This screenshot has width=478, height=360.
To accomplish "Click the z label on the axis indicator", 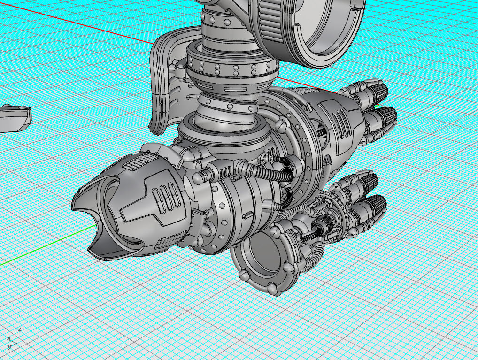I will [19, 329].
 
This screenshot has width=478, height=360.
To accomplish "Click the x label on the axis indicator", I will [8, 338].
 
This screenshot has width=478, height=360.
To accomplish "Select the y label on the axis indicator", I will [9, 346].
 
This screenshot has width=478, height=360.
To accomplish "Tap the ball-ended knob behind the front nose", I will [199, 177].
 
